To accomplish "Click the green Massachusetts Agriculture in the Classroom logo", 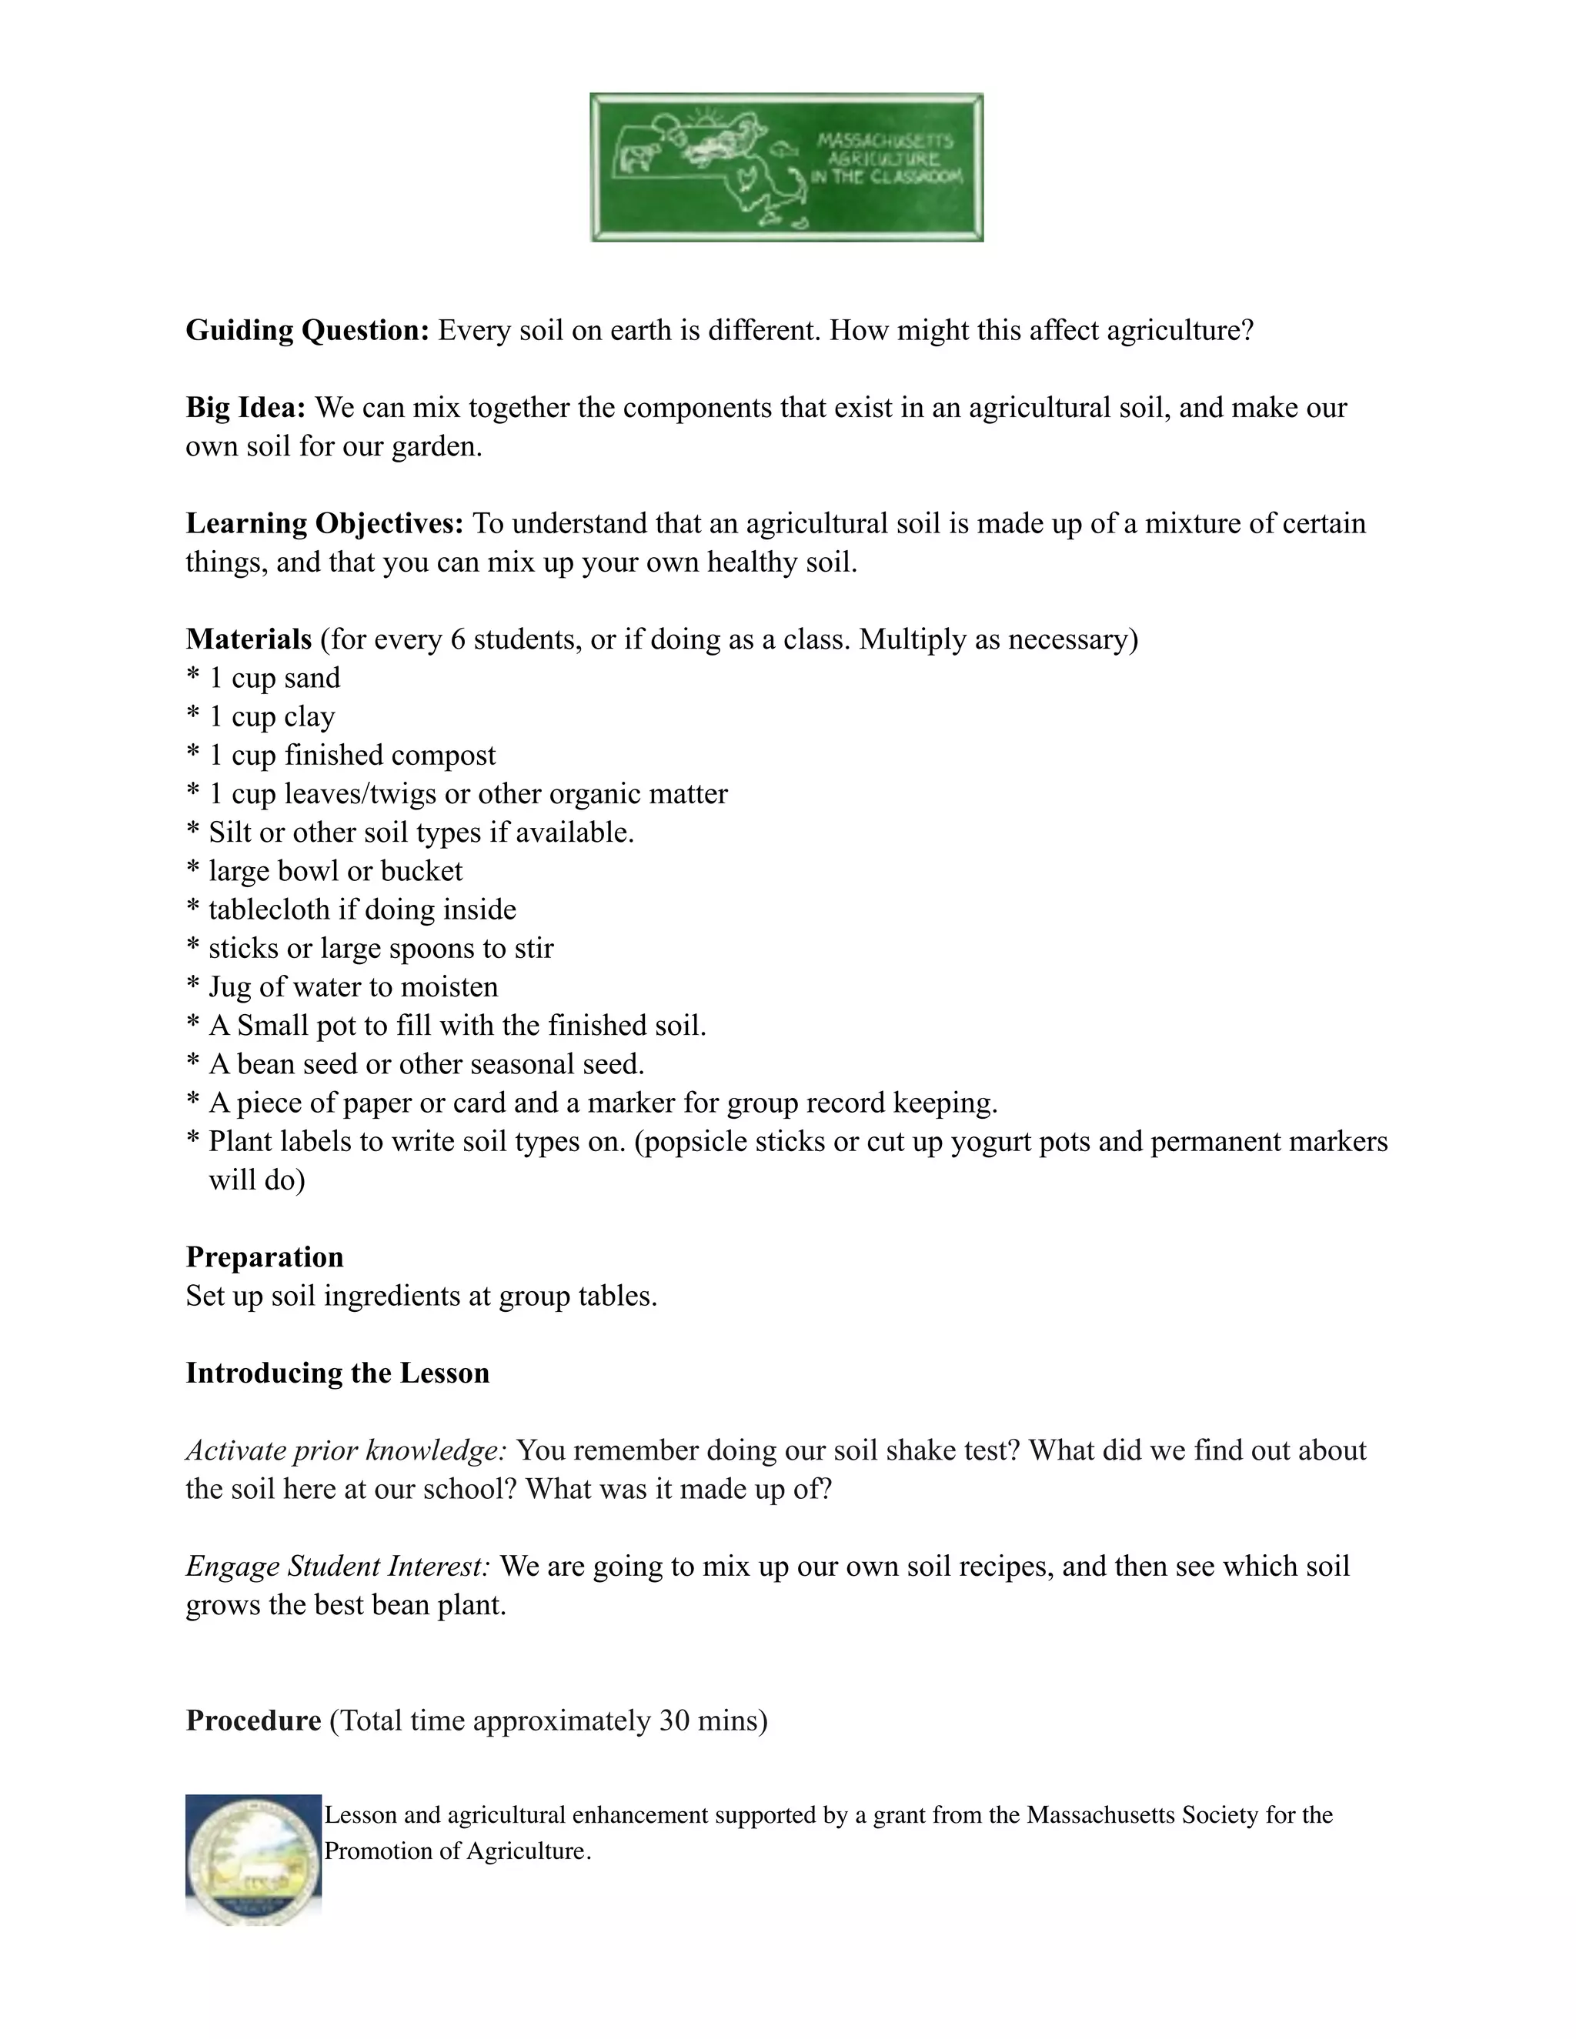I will (786, 167).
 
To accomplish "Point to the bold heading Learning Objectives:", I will (324, 524).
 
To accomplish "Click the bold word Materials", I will (249, 639).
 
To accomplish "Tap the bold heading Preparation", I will (264, 1257).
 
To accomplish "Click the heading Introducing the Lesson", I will (337, 1373).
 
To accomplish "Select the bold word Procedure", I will (253, 1720).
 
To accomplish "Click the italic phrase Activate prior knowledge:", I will (346, 1451).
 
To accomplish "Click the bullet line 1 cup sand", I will (273, 679).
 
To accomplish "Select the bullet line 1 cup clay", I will (271, 717).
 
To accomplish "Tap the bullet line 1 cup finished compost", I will (351, 756).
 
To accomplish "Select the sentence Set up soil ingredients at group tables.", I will (421, 1296).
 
